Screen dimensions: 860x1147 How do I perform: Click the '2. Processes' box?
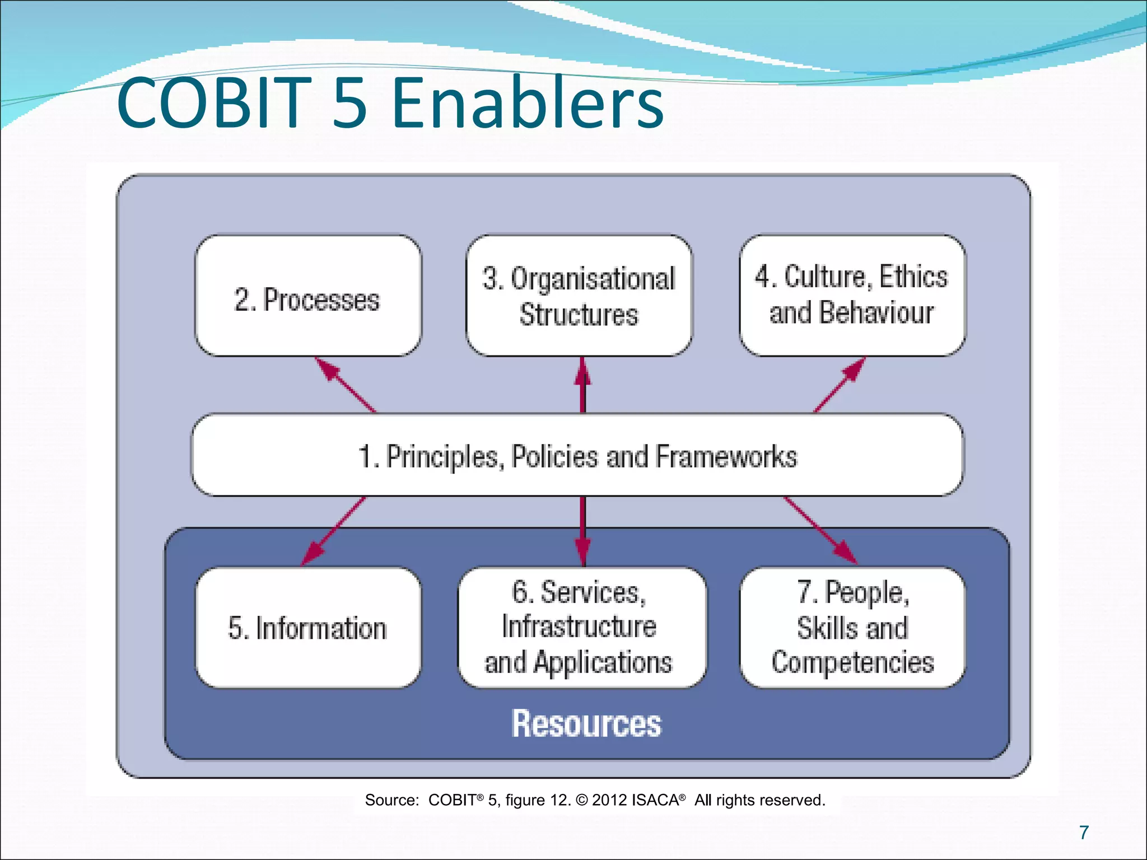pyautogui.click(x=307, y=296)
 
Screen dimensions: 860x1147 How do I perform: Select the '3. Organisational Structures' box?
pyautogui.click(x=579, y=296)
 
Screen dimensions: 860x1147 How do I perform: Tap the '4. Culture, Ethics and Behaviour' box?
pyautogui.click(x=852, y=295)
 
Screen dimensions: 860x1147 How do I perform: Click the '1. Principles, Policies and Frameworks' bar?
pyautogui.click(x=577, y=455)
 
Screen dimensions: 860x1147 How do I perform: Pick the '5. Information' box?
pyautogui.click(x=307, y=628)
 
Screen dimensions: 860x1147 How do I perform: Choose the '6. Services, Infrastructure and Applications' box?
pyautogui.click(x=581, y=628)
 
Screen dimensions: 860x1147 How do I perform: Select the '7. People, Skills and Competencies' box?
pyautogui.click(x=852, y=628)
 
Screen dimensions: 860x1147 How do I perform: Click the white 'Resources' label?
pyautogui.click(x=586, y=724)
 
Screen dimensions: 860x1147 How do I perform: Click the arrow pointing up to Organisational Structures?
pyautogui.click(x=582, y=385)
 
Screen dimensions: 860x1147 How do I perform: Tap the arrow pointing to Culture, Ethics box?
pyautogui.click(x=839, y=385)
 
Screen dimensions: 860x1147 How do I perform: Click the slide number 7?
pyautogui.click(x=1084, y=833)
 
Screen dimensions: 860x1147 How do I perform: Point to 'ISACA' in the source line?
pyautogui.click(x=655, y=800)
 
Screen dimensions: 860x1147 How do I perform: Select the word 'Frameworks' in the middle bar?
pyautogui.click(x=726, y=456)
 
